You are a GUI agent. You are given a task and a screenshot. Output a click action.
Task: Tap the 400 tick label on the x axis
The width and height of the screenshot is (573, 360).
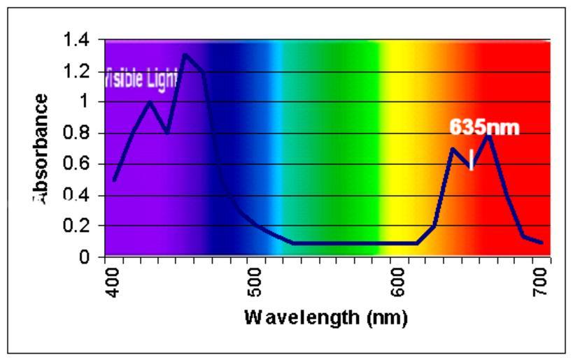tap(115, 279)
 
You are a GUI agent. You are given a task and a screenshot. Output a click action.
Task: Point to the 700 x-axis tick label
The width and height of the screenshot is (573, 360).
tap(539, 279)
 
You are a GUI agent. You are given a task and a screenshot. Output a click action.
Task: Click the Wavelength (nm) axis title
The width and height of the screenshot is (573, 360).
tap(325, 317)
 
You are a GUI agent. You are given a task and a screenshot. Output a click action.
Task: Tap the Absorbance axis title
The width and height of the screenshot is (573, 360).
tap(41, 148)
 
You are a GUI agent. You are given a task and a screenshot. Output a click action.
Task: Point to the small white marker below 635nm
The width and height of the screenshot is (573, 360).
tap(472, 159)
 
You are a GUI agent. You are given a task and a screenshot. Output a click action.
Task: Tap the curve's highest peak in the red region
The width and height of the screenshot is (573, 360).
tap(489, 134)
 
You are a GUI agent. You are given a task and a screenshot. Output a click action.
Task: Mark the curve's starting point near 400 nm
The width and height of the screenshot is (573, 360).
tap(114, 180)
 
